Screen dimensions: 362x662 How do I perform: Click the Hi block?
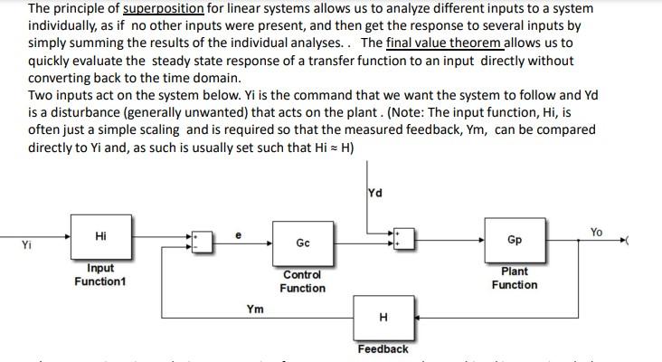pyautogui.click(x=99, y=237)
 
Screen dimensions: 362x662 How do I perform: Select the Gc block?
pyautogui.click(x=302, y=243)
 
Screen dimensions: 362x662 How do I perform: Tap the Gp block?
pyautogui.click(x=514, y=240)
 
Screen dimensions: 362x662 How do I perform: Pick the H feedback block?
pyautogui.click(x=383, y=318)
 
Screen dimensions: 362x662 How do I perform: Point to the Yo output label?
pyautogui.click(x=596, y=233)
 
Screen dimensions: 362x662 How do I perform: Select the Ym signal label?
pyautogui.click(x=255, y=310)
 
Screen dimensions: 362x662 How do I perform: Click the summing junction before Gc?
pyautogui.click(x=200, y=241)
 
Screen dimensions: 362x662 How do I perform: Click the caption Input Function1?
pyautogui.click(x=99, y=274)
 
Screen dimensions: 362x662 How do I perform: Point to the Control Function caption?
pyautogui.click(x=302, y=281)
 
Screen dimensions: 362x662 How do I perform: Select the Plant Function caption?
pyautogui.click(x=514, y=278)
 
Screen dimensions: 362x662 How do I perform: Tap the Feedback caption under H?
pyautogui.click(x=383, y=348)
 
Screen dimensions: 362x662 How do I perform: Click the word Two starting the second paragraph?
pyautogui.click(x=41, y=95)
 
